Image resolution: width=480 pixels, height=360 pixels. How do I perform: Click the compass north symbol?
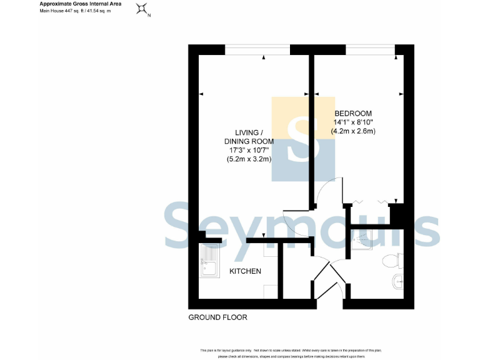(143, 9)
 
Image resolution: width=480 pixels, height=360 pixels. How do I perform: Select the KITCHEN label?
(245, 271)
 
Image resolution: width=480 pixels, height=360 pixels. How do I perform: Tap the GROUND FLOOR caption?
(218, 317)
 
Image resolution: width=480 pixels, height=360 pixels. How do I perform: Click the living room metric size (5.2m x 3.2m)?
(249, 159)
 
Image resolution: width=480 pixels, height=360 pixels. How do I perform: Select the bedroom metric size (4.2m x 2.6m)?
(353, 132)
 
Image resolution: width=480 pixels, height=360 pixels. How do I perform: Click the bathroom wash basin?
(397, 282)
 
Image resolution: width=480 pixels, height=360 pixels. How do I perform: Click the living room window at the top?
(257, 49)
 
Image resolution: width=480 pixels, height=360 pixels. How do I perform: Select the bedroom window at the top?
(370, 49)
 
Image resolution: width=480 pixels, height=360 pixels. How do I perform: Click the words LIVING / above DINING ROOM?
(249, 132)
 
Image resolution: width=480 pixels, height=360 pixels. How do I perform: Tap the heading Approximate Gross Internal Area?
(81, 4)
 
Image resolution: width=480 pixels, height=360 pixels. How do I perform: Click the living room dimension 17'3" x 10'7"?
(249, 150)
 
